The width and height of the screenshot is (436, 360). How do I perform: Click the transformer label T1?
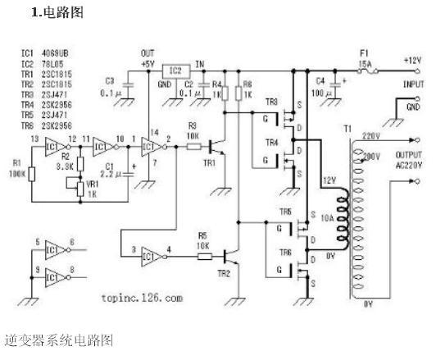(347, 130)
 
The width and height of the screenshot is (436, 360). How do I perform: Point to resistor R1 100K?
(32, 173)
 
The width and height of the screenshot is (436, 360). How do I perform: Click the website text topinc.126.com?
(143, 298)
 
